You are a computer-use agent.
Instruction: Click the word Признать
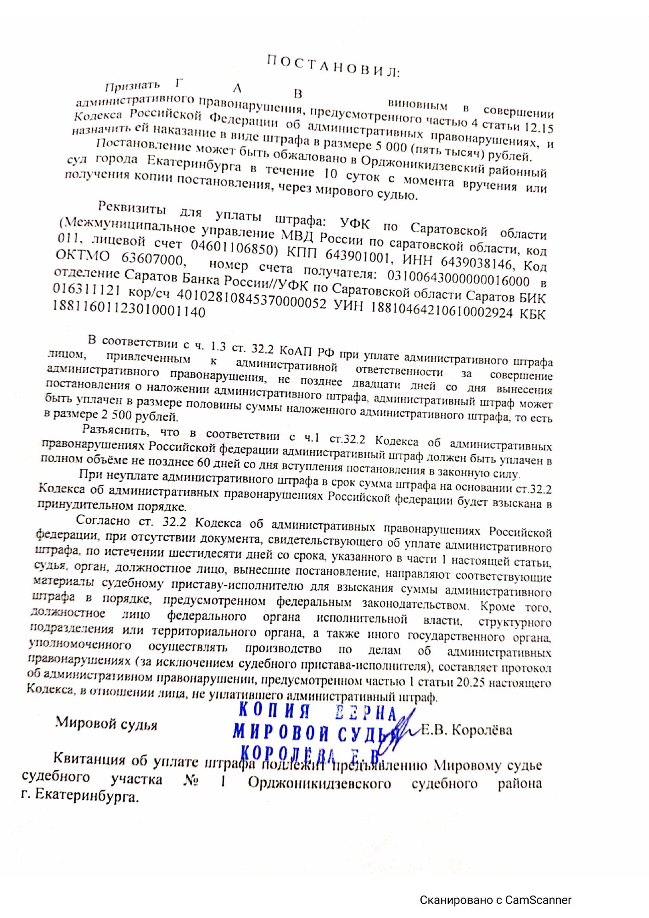pyautogui.click(x=132, y=86)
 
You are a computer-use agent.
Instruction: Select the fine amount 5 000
pyautogui.click(x=390, y=146)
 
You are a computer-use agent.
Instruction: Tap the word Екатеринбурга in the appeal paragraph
pyautogui.click(x=194, y=163)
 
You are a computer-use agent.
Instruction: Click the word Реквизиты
pyautogui.click(x=132, y=209)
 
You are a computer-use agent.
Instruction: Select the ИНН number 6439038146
pyautogui.click(x=476, y=262)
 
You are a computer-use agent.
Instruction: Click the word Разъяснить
pyautogui.click(x=116, y=430)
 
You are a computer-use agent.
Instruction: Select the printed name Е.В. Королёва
pyautogui.click(x=466, y=730)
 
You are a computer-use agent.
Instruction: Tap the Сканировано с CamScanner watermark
pyautogui.click(x=496, y=900)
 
